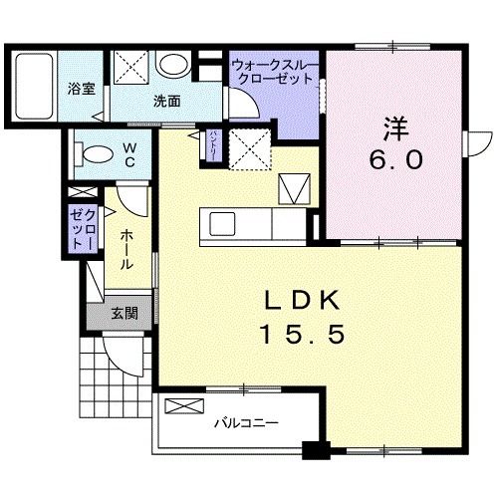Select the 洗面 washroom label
pyautogui.click(x=166, y=101)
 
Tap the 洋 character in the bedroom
pyautogui.click(x=394, y=126)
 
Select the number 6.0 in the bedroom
pyautogui.click(x=395, y=159)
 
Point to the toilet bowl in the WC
pyautogui.click(x=97, y=154)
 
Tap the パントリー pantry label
pyautogui.click(x=213, y=144)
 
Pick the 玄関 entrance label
pyautogui.click(x=124, y=314)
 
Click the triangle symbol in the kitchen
pyautogui.click(x=295, y=187)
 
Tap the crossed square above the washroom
pyautogui.click(x=130, y=66)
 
